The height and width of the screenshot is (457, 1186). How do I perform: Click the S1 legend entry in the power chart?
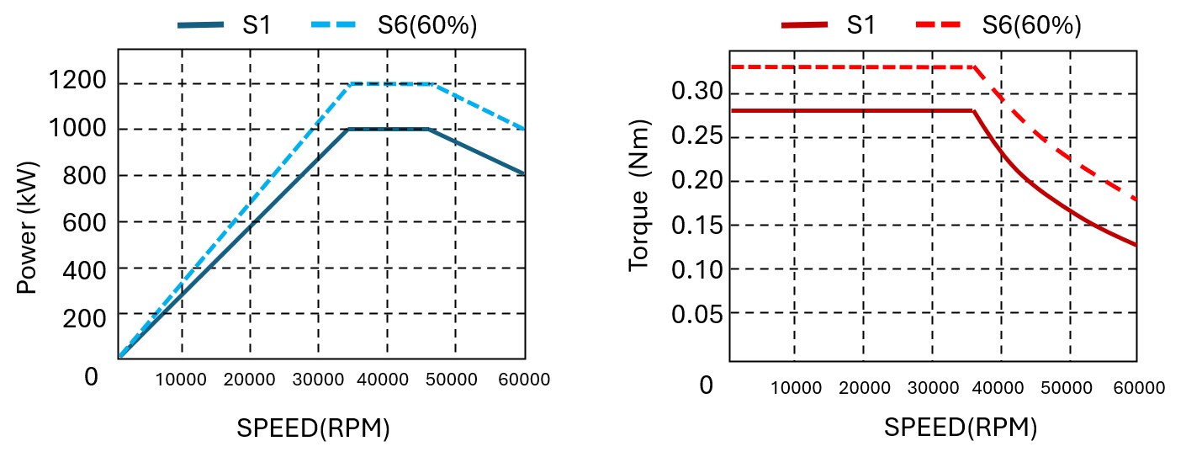(257, 25)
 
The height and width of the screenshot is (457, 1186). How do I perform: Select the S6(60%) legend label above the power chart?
(427, 25)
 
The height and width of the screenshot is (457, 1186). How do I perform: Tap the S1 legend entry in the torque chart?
(860, 25)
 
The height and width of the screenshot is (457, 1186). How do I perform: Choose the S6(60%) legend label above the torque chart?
(1031, 25)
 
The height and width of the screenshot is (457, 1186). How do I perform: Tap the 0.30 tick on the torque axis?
(695, 91)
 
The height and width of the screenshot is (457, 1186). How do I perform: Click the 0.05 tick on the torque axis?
(695, 314)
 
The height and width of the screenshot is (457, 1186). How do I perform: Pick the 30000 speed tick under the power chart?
(318, 380)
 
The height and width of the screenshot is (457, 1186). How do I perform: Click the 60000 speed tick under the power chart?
(524, 380)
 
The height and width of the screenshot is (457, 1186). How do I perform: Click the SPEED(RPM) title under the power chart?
(313, 428)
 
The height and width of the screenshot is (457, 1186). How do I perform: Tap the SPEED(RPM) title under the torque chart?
(961, 428)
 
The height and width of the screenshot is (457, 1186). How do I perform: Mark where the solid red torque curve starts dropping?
(973, 110)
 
